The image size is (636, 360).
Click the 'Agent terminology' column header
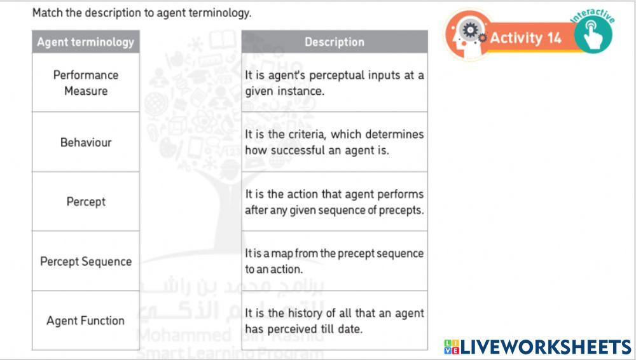(86, 42)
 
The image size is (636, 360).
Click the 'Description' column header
(335, 42)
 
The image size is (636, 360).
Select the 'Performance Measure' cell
(86, 83)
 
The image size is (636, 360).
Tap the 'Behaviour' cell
(86, 142)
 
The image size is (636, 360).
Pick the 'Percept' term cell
(86, 202)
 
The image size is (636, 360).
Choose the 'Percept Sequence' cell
(86, 261)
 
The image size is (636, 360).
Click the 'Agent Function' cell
(86, 321)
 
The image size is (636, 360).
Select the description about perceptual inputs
(335, 83)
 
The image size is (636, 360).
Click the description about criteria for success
(335, 142)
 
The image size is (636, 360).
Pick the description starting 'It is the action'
(335, 202)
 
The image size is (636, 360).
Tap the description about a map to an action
(335, 261)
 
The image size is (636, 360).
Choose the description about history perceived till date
(335, 321)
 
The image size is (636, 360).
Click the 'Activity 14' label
(525, 38)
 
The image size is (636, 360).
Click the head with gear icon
(469, 32)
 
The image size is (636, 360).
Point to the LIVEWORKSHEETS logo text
(546, 347)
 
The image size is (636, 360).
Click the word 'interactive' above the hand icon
(593, 13)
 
